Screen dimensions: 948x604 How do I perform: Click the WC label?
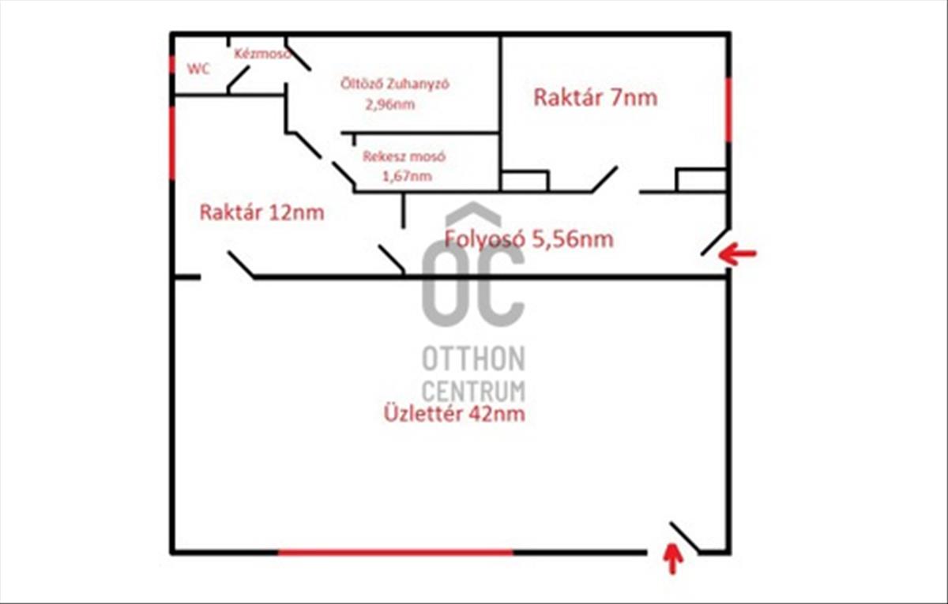point(198,69)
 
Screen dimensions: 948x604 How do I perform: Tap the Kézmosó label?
point(262,54)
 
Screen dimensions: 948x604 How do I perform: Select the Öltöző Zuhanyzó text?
point(394,84)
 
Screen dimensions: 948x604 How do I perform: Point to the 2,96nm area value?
point(390,104)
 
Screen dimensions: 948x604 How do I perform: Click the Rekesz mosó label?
point(404,156)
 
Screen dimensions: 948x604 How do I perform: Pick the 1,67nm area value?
point(407,176)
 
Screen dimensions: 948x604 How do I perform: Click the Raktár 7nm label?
point(595,97)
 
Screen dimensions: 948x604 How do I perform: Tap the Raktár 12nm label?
point(261,212)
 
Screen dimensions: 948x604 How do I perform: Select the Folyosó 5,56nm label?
point(529,239)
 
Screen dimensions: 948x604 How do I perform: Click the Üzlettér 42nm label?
point(454,414)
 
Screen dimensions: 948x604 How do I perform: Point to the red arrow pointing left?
point(737,253)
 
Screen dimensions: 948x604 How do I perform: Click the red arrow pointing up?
point(672,559)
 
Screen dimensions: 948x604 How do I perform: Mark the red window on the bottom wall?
point(395,552)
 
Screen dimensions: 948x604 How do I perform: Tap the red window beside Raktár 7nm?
point(728,110)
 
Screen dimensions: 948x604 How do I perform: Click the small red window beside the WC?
point(172,64)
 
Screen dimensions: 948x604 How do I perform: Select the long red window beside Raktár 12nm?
point(172,143)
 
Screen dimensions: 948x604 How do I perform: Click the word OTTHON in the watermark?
point(473,358)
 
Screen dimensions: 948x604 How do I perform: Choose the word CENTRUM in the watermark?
point(473,391)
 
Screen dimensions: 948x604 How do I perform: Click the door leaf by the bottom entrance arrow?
point(684,538)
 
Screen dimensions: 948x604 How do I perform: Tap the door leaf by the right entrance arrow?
point(715,242)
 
